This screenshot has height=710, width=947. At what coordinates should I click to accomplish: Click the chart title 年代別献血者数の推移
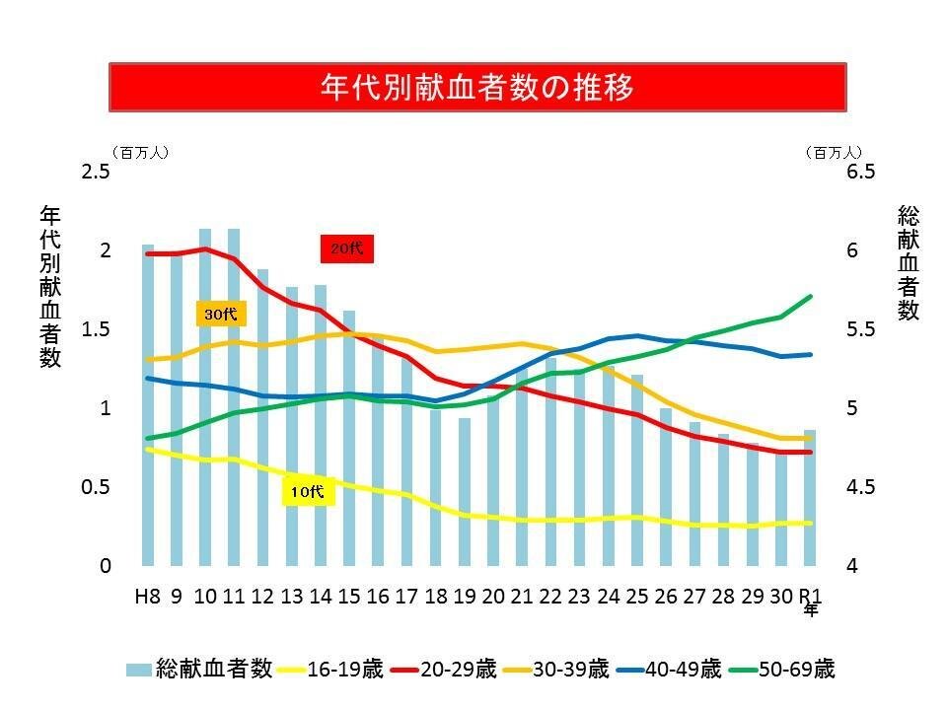(476, 87)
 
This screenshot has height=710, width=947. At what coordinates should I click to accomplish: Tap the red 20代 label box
(346, 249)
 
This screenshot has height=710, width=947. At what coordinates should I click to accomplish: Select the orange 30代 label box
(221, 315)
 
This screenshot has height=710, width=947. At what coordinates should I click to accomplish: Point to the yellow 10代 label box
(309, 492)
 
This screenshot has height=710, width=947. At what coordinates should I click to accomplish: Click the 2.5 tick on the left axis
(96, 172)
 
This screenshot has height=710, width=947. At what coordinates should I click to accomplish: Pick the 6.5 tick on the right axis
(861, 172)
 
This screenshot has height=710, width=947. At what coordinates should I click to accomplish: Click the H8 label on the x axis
(148, 597)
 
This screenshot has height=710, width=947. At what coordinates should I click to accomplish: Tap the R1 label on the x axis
(810, 597)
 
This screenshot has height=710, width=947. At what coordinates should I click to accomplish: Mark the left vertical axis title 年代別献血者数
(50, 286)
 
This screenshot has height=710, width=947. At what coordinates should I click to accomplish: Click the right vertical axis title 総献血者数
(909, 262)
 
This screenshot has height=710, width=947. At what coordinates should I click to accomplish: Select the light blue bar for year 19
(465, 492)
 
